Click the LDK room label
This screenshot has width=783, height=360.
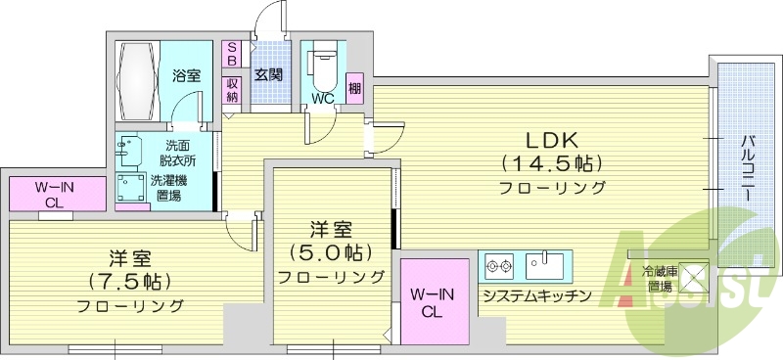point(554,138)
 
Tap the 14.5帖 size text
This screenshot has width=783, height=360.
point(553,162)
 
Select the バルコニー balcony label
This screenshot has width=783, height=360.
point(746,168)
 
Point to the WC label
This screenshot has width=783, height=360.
point(324,97)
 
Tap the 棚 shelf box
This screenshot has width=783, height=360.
point(353,87)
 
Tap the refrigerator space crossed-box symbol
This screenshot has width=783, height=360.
point(692,277)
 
